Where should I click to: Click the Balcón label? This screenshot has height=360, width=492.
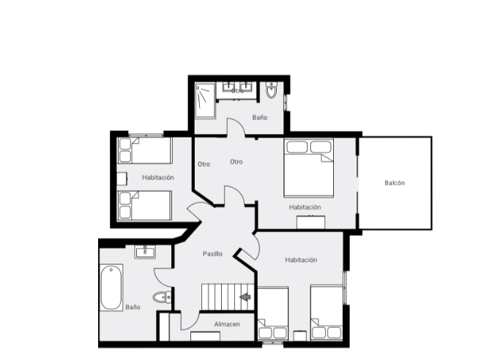click(x=395, y=183)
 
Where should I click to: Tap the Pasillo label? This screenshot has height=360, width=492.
click(x=212, y=253)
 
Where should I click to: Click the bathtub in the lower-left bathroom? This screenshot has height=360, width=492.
click(x=111, y=287)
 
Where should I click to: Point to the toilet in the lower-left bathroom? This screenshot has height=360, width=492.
click(x=163, y=297)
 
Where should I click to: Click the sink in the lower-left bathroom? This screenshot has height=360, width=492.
click(x=146, y=252)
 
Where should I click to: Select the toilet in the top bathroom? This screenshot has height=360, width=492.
click(x=272, y=91)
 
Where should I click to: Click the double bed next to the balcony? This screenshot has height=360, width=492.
click(x=308, y=168)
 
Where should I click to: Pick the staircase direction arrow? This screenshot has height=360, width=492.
click(x=245, y=296)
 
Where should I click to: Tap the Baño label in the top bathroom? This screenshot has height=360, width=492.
click(x=259, y=117)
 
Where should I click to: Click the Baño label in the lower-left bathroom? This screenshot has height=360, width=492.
click(x=133, y=307)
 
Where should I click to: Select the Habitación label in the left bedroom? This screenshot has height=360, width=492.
click(x=158, y=177)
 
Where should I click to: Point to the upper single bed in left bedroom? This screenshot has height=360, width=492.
click(x=145, y=151)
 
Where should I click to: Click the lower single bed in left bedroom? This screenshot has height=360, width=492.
click(x=145, y=205)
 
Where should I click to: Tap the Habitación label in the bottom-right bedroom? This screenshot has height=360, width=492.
click(x=301, y=260)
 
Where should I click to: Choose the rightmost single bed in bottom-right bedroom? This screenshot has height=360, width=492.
click(x=326, y=312)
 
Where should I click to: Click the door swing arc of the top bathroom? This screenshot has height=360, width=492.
click(x=235, y=128)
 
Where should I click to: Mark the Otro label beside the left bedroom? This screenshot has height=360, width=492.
click(x=204, y=164)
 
